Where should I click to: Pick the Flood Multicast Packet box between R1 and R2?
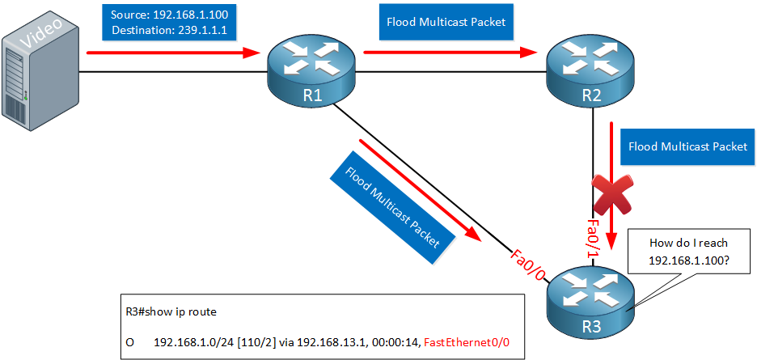[446, 22]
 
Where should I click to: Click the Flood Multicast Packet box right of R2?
[688, 146]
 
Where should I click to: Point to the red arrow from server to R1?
[174, 53]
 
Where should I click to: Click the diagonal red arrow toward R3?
[421, 190]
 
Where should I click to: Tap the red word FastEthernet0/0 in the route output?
[467, 342]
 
